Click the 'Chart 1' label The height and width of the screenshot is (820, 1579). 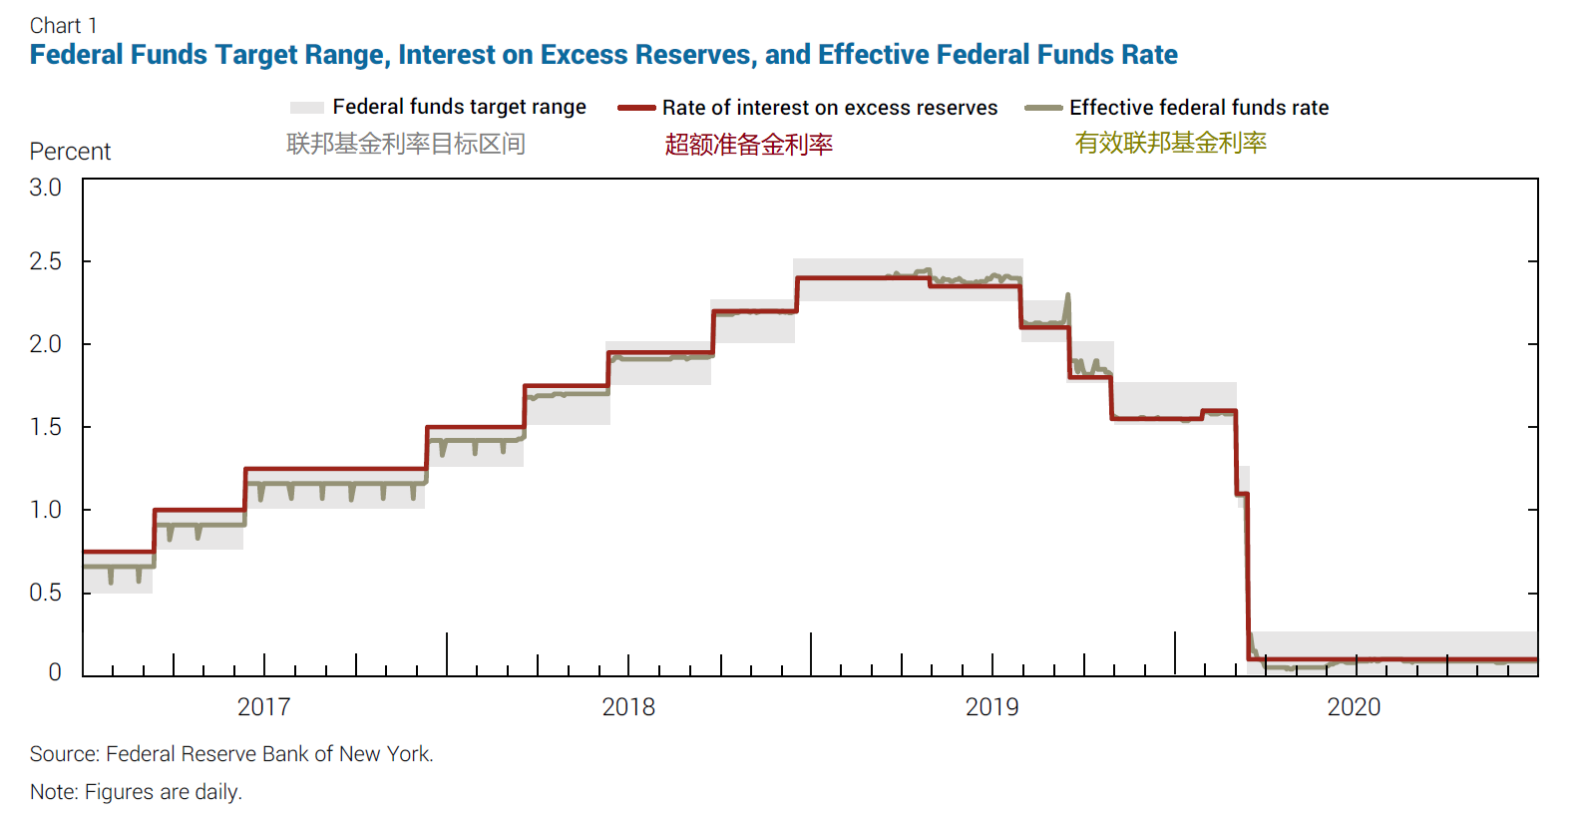(63, 26)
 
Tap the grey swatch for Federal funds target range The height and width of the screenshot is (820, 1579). (306, 108)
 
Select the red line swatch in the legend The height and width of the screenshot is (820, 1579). (636, 108)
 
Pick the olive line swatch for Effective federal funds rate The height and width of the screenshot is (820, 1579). (1043, 108)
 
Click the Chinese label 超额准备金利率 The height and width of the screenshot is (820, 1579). (748, 145)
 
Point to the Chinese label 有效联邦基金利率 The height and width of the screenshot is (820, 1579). (1170, 143)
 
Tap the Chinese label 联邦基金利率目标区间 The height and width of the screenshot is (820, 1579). (405, 144)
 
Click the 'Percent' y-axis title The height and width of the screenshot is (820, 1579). (70, 152)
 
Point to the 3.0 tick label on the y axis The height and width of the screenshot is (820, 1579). (45, 188)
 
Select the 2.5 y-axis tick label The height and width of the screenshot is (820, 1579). (45, 261)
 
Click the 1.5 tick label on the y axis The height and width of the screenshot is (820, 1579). (45, 427)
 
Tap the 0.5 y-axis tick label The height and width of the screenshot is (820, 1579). (45, 593)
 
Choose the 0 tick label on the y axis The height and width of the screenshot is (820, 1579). (55, 672)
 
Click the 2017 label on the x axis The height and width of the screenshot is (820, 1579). (263, 707)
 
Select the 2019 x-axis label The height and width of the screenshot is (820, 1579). (991, 707)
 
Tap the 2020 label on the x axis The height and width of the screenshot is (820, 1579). (1354, 707)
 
